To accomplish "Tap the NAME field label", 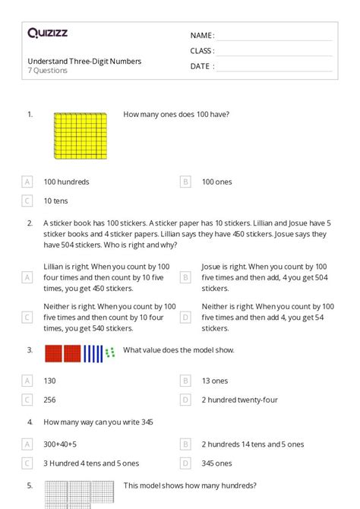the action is click(202, 36).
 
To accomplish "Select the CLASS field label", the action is click(202, 51).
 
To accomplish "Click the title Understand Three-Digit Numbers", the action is click(84, 61).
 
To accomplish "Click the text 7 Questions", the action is click(48, 71).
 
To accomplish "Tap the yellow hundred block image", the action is click(79, 136).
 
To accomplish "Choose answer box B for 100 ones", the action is click(185, 182).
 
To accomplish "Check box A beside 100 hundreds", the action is click(27, 182).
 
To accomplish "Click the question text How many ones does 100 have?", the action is click(176, 115).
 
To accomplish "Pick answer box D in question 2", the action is click(185, 317).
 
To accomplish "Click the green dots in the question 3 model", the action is click(110, 352).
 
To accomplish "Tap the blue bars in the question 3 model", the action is click(93, 353).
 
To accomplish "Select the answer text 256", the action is click(50, 399).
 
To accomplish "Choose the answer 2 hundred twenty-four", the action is click(240, 399).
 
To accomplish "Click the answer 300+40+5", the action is click(65, 444).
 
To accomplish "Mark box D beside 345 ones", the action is click(185, 463).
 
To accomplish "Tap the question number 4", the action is click(30, 422).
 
